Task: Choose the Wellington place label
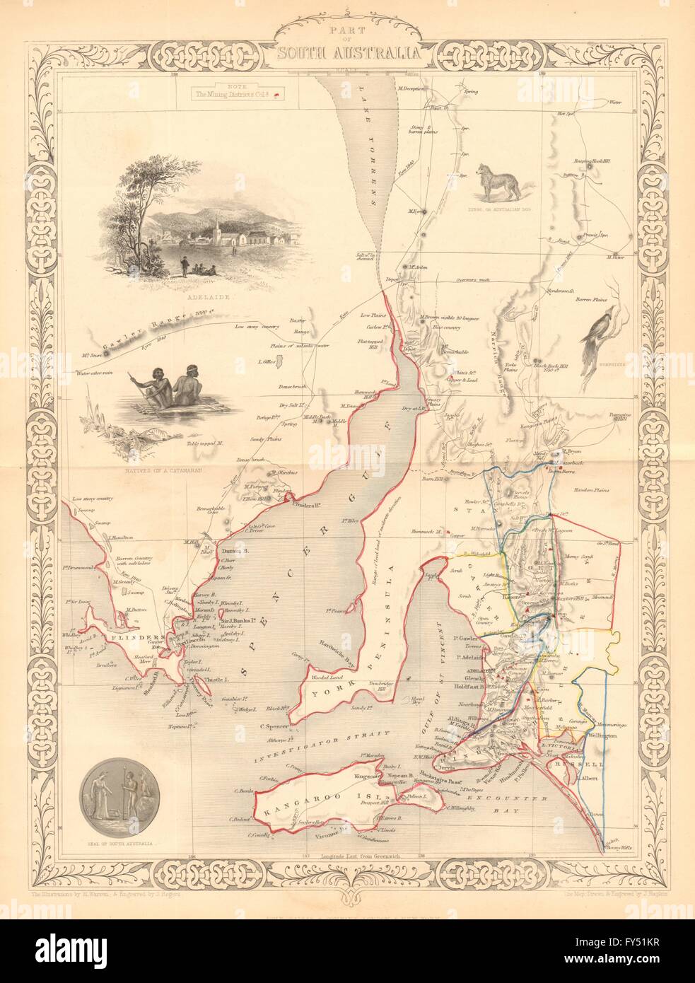(x=597, y=736)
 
